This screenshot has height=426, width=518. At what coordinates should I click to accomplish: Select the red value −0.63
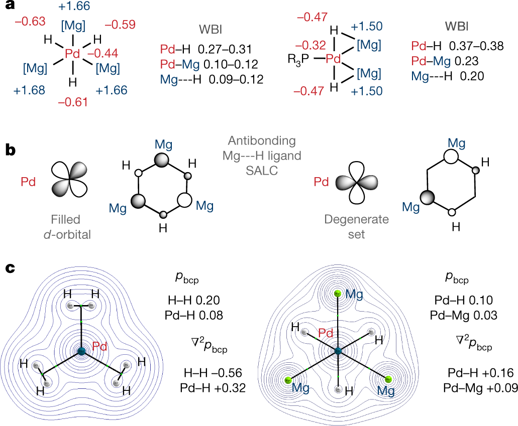coord(30,22)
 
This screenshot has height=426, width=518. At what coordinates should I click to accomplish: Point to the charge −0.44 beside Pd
coord(103,53)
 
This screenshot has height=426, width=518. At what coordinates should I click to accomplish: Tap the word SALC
coord(262,171)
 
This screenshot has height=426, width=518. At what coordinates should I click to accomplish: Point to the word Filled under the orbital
coord(65,220)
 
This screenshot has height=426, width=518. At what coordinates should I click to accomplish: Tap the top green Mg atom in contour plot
coord(337,293)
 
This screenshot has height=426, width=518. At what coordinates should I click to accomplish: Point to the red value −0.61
coord(73,102)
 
